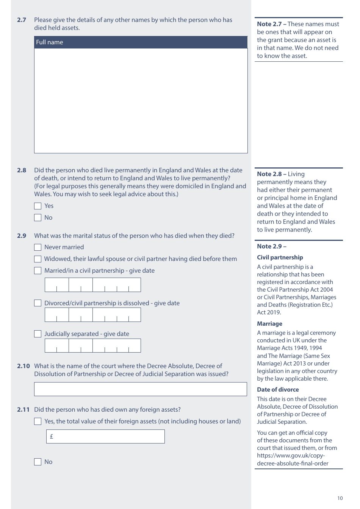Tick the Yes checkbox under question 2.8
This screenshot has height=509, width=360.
(38, 206)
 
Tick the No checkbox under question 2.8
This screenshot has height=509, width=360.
(38, 218)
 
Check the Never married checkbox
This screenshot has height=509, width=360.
(38, 247)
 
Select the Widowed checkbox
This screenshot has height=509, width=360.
(38, 259)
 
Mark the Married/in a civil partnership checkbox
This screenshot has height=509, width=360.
(38, 271)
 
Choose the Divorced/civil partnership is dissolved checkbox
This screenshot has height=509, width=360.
(38, 303)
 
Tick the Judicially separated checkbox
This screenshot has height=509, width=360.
(38, 334)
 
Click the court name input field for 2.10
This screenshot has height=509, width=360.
(140, 389)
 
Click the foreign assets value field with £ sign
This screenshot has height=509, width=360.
(105, 437)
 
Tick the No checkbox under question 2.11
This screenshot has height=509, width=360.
(38, 462)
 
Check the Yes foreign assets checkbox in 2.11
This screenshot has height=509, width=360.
(38, 422)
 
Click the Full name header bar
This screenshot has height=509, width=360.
(141, 42)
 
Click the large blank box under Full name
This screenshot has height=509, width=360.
(141, 101)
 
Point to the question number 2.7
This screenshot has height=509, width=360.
(22, 20)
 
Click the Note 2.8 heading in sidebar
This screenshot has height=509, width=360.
(269, 174)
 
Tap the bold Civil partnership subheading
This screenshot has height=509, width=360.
(280, 258)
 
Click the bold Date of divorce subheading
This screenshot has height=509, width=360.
(278, 390)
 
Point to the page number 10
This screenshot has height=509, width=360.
(340, 498)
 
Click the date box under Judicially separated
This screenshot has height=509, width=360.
(92, 346)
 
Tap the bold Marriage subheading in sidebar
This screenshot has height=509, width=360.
(269, 324)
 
